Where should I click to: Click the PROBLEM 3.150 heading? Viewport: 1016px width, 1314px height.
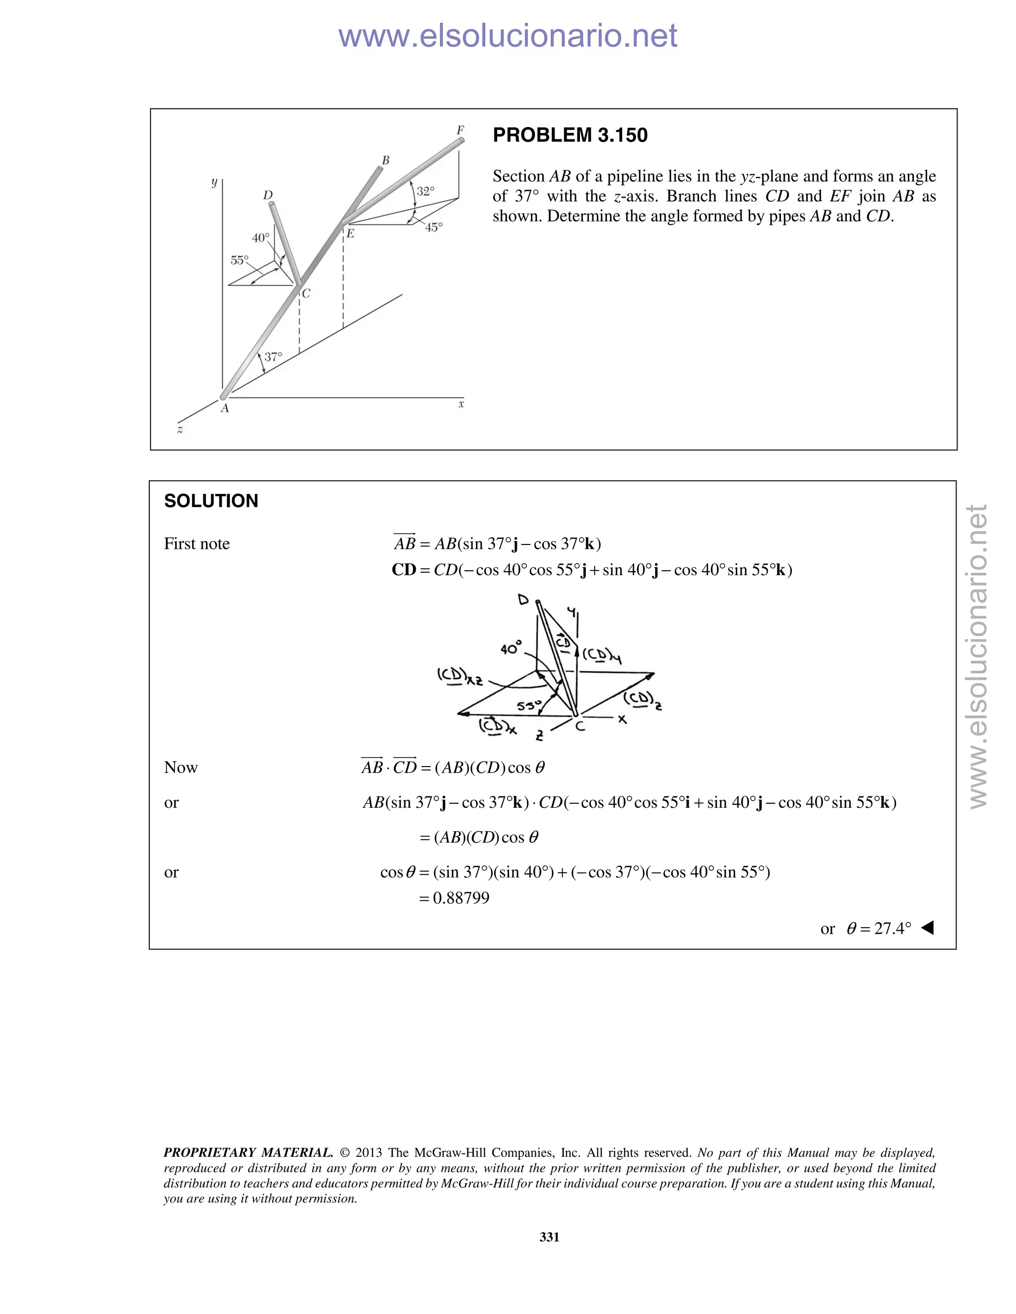570,135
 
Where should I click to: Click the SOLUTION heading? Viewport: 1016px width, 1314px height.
211,501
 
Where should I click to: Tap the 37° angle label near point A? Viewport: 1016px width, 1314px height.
273,357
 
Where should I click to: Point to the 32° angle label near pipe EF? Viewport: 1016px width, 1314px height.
425,191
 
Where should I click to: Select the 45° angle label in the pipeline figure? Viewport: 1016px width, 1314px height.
434,228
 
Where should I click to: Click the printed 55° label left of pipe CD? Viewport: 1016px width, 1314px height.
239,260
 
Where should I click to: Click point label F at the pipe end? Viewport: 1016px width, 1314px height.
460,130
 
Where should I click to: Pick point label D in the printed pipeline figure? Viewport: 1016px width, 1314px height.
268,195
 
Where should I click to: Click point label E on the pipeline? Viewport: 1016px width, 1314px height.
350,234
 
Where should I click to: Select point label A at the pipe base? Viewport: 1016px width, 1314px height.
225,409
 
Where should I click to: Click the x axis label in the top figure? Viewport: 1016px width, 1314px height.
461,404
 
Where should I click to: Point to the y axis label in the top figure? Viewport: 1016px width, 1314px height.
214,181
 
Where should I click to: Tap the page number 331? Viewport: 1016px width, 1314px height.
549,1237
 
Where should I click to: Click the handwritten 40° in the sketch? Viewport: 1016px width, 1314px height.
510,648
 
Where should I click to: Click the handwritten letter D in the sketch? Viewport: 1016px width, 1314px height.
523,600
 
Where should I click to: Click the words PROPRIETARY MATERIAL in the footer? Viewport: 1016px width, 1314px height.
248,1153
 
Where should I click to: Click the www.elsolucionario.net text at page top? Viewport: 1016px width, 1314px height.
508,36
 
